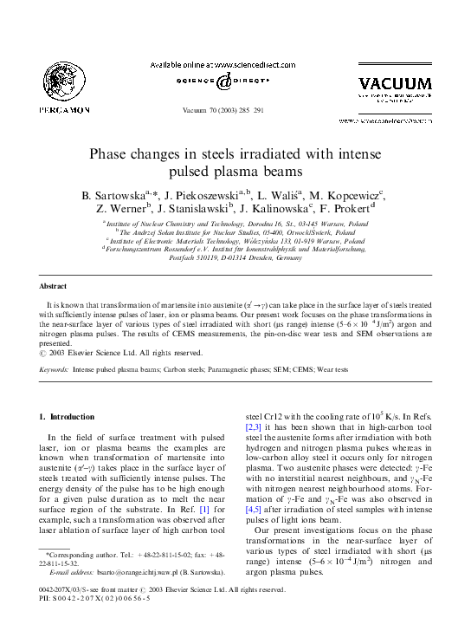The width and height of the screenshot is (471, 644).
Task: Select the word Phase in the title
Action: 158,156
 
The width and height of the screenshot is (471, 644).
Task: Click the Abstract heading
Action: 55,286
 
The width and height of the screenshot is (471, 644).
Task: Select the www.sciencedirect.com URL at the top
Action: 260,65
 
